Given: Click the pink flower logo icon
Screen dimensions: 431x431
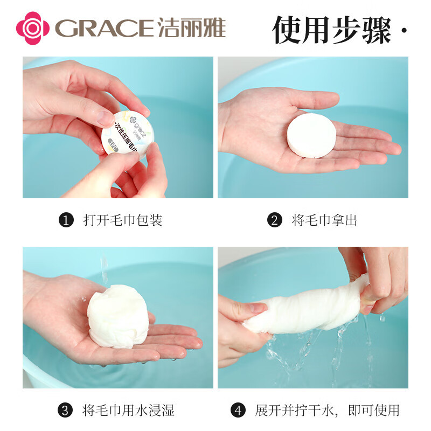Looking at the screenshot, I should (x=32, y=27).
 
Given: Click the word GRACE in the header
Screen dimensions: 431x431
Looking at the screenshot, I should (x=105, y=28).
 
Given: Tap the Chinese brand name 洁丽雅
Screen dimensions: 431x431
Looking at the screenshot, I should (x=191, y=27).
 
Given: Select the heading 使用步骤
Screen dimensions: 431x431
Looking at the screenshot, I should (x=331, y=30).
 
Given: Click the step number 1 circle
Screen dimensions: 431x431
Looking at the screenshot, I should (x=66, y=220).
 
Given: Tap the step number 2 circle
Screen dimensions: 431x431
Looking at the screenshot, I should (x=274, y=220).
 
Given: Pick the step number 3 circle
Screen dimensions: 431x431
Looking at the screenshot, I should (x=66, y=411).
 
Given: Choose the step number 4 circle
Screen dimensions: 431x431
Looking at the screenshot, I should (x=238, y=411).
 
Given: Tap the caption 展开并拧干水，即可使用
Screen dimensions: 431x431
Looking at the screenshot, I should (x=327, y=411).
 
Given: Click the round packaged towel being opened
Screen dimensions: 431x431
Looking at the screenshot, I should (x=126, y=133).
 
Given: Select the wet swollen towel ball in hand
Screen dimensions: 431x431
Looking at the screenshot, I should (x=117, y=318).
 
